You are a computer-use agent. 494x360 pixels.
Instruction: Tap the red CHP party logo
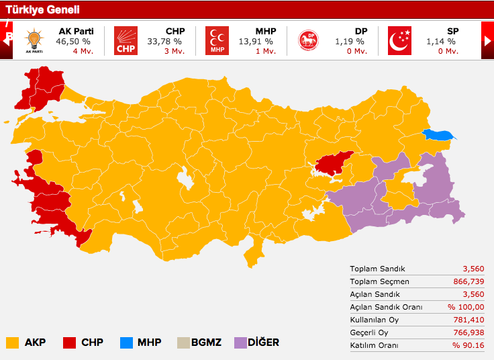[x=126, y=41]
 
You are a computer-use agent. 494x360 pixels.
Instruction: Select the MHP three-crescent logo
[x=217, y=41]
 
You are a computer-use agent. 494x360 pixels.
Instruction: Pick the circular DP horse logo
[x=309, y=41]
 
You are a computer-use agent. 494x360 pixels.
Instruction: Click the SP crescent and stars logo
[x=399, y=41]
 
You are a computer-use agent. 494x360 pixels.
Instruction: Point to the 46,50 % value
[x=75, y=41]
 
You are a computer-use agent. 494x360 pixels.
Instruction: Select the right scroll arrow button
[x=487, y=41]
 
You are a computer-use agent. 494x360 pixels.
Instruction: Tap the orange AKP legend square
[x=12, y=343]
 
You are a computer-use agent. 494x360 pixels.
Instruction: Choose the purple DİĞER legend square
[x=240, y=343]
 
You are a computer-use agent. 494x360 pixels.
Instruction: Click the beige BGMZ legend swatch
[x=183, y=343]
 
